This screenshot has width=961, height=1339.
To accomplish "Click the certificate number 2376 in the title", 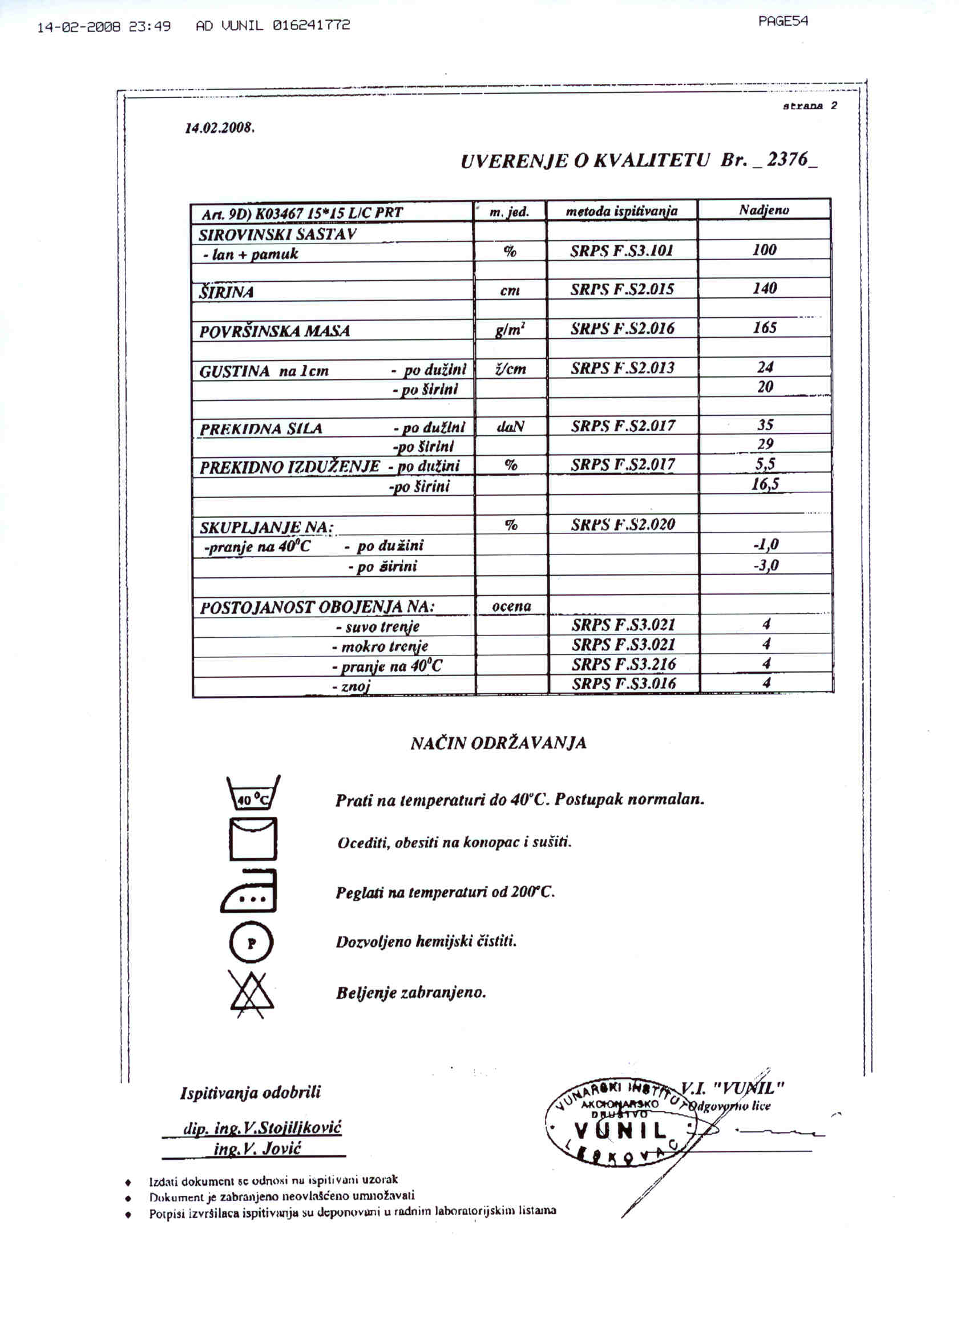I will click(788, 159).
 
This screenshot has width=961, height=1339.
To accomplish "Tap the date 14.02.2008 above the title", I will click(219, 128).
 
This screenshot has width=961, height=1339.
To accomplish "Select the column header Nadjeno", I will click(764, 209).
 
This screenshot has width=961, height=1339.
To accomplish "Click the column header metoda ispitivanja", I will click(621, 211).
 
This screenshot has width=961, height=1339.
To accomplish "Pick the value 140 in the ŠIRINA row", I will click(764, 288).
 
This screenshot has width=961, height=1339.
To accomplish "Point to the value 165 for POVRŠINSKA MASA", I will click(764, 327).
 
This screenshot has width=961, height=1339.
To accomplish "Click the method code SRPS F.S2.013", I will click(622, 368).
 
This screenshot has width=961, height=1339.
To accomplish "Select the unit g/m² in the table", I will click(510, 329).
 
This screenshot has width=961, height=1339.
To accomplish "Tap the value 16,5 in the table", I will click(765, 485).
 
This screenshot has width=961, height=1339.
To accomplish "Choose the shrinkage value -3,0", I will click(765, 565).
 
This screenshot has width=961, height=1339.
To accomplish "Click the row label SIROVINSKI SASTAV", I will click(277, 234).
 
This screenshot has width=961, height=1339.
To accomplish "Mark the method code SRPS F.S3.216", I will click(623, 664).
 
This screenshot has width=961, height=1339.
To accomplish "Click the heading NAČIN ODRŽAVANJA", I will click(499, 743).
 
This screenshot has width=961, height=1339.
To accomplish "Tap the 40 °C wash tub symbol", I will click(253, 793).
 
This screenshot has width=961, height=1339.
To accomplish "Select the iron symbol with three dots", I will click(249, 892).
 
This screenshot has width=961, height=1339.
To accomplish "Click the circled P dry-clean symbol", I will click(251, 943).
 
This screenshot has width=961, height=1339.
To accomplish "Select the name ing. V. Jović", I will click(257, 1148).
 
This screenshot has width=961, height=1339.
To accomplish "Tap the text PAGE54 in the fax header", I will click(782, 21).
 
